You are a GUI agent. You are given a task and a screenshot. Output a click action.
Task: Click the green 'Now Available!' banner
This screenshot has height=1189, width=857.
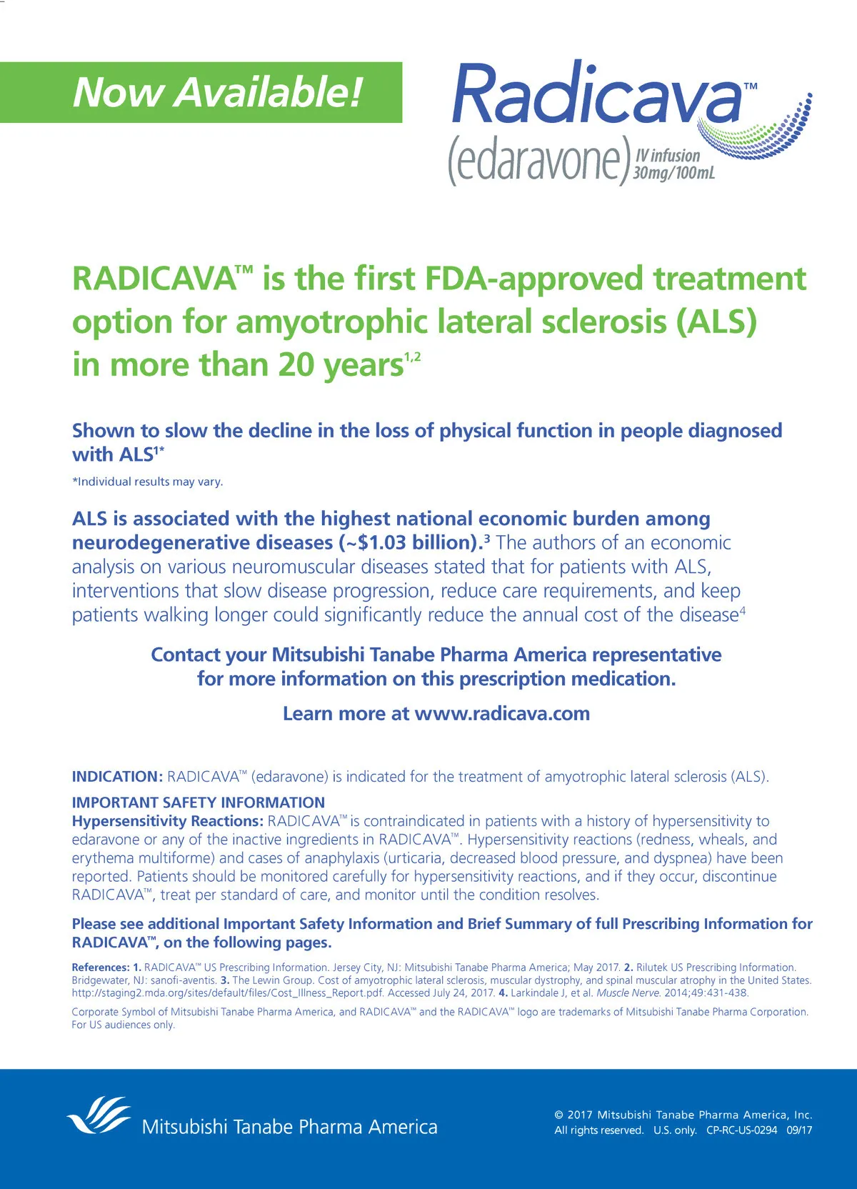point(201,93)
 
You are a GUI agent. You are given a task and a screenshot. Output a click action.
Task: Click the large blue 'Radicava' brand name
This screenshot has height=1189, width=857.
point(597,94)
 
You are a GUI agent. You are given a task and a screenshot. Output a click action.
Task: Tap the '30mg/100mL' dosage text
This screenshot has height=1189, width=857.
point(673,172)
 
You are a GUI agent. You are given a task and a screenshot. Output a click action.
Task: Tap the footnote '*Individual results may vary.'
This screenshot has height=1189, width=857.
point(148,482)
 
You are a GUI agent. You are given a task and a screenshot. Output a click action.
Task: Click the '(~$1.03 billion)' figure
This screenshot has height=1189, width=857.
point(409,543)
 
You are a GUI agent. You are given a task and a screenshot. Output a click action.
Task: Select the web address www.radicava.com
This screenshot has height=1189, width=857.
point(502,714)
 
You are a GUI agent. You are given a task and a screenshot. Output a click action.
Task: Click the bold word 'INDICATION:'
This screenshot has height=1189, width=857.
point(118,777)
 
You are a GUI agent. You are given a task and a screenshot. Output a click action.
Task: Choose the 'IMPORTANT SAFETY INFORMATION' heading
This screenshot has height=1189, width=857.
point(199,802)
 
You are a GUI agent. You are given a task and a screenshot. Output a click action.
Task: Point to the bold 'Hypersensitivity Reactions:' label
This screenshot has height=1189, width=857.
point(168,821)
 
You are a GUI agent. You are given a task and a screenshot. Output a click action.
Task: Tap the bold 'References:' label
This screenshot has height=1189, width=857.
point(101,967)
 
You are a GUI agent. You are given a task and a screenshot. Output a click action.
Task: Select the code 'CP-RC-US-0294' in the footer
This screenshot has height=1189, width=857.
point(741,1130)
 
